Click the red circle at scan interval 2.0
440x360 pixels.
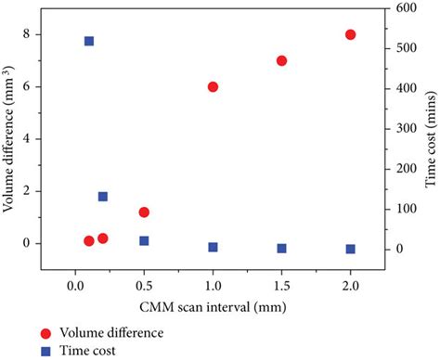(x=350, y=34)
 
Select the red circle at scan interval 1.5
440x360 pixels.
(x=281, y=60)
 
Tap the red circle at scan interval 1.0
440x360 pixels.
(x=213, y=86)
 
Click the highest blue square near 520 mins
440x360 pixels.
(x=89, y=41)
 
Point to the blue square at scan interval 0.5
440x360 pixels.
(x=144, y=240)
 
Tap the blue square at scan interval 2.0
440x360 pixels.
(x=350, y=249)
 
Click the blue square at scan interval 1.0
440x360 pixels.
(x=213, y=247)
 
